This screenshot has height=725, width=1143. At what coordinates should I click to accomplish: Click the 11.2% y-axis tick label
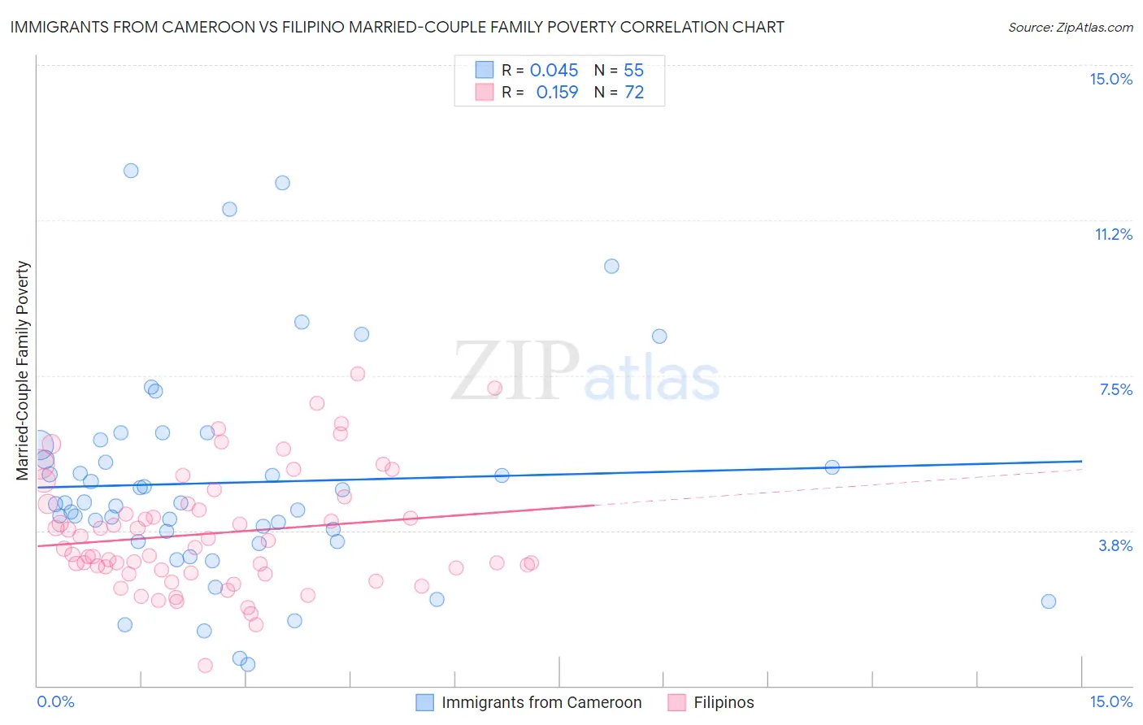click(x=1113, y=235)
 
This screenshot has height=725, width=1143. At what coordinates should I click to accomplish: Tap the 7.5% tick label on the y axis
click(x=1115, y=390)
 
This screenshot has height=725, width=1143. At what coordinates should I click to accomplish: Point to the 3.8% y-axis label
click(x=1115, y=546)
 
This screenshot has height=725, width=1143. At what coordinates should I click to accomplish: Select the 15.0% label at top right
click(x=1110, y=80)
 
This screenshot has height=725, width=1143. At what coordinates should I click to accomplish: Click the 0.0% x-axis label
click(x=55, y=702)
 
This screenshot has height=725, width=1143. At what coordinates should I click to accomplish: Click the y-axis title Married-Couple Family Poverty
click(x=23, y=371)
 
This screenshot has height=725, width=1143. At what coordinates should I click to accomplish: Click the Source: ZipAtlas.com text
click(x=1070, y=28)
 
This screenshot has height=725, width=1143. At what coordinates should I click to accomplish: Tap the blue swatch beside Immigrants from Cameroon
click(x=425, y=702)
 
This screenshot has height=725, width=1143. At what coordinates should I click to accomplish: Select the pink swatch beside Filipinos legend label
click(x=677, y=702)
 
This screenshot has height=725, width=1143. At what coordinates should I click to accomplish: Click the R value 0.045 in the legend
click(x=554, y=71)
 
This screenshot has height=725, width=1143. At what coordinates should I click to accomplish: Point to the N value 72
click(x=634, y=93)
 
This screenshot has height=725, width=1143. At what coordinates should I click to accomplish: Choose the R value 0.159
click(x=557, y=93)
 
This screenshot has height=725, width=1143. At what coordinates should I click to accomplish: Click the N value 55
click(x=634, y=71)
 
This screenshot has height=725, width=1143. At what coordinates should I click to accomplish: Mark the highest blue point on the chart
click(x=131, y=171)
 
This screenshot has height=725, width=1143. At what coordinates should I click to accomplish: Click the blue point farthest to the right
click(x=1049, y=601)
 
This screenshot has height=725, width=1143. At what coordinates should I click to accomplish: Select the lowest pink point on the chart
click(x=205, y=666)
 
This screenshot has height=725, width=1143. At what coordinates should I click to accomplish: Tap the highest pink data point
click(x=358, y=374)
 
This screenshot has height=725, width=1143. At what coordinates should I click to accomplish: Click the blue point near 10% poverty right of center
click(x=612, y=267)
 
